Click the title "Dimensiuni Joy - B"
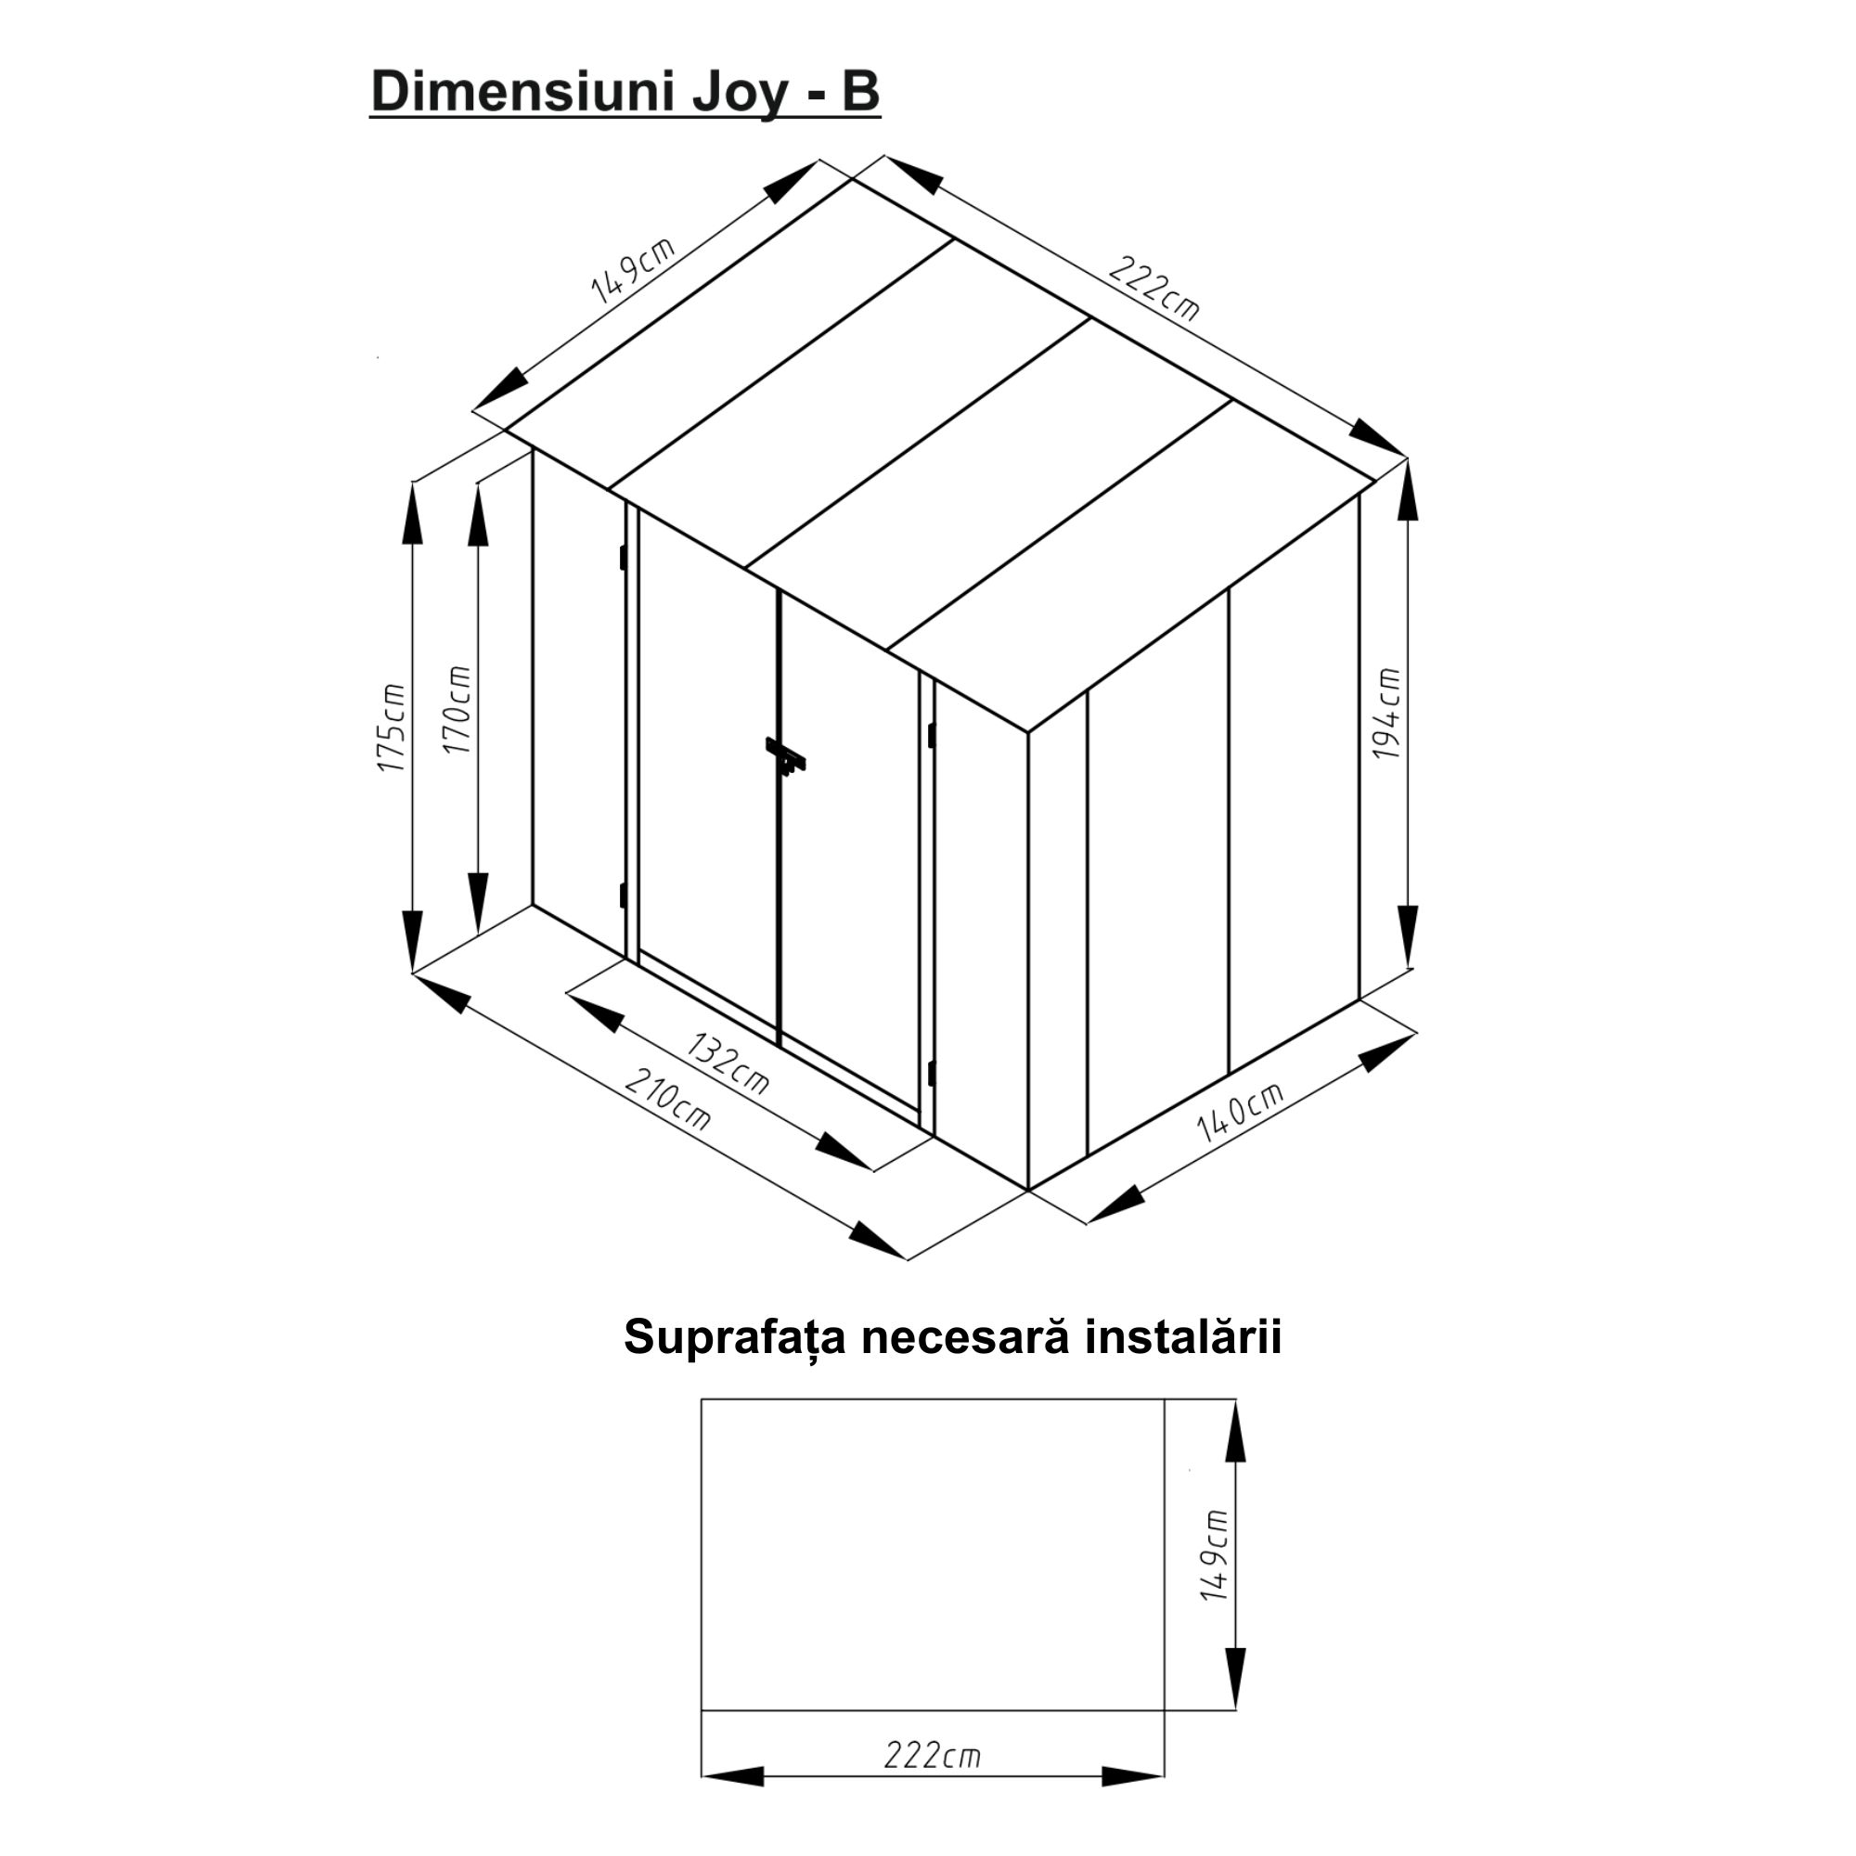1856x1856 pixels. [625, 93]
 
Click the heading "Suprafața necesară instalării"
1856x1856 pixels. [952, 1337]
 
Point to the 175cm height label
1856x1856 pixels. [391, 728]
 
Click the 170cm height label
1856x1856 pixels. [458, 709]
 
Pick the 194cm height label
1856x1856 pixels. [1386, 714]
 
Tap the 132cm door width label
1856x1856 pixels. [729, 1063]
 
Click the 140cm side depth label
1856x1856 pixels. [1239, 1112]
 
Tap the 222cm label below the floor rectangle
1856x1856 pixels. [932, 1756]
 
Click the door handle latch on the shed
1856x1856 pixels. [785, 756]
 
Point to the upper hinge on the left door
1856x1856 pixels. [623, 557]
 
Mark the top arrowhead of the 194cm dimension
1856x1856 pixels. [1409, 490]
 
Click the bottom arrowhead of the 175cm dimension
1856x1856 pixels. [412, 940]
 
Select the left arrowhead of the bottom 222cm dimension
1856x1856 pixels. [733, 1803]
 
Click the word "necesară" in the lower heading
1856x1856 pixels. [964, 1337]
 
